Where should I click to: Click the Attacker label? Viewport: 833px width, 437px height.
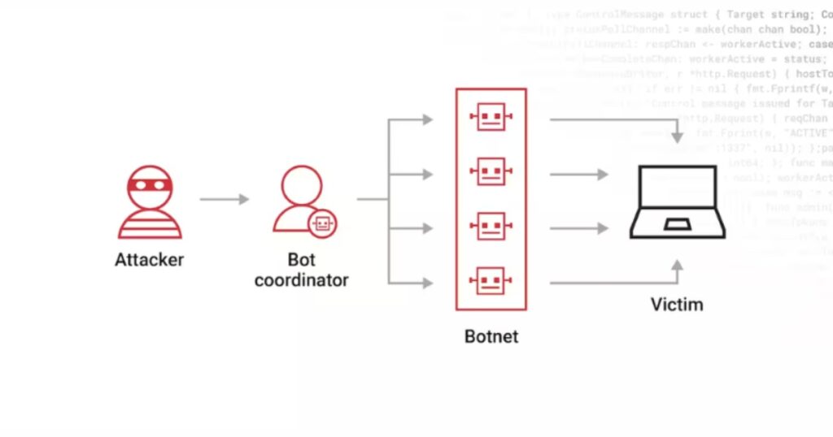coord(149,261)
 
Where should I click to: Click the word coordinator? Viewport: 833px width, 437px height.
coord(301,280)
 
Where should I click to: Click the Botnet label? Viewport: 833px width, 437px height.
coord(491,335)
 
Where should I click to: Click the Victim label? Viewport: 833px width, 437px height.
coord(677,305)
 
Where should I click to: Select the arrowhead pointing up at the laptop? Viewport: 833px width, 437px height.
coord(677,265)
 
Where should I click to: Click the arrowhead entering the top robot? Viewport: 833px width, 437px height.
coord(426,120)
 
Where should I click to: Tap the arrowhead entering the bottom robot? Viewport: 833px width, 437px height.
coord(426,283)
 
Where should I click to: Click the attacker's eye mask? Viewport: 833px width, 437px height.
coord(150,184)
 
